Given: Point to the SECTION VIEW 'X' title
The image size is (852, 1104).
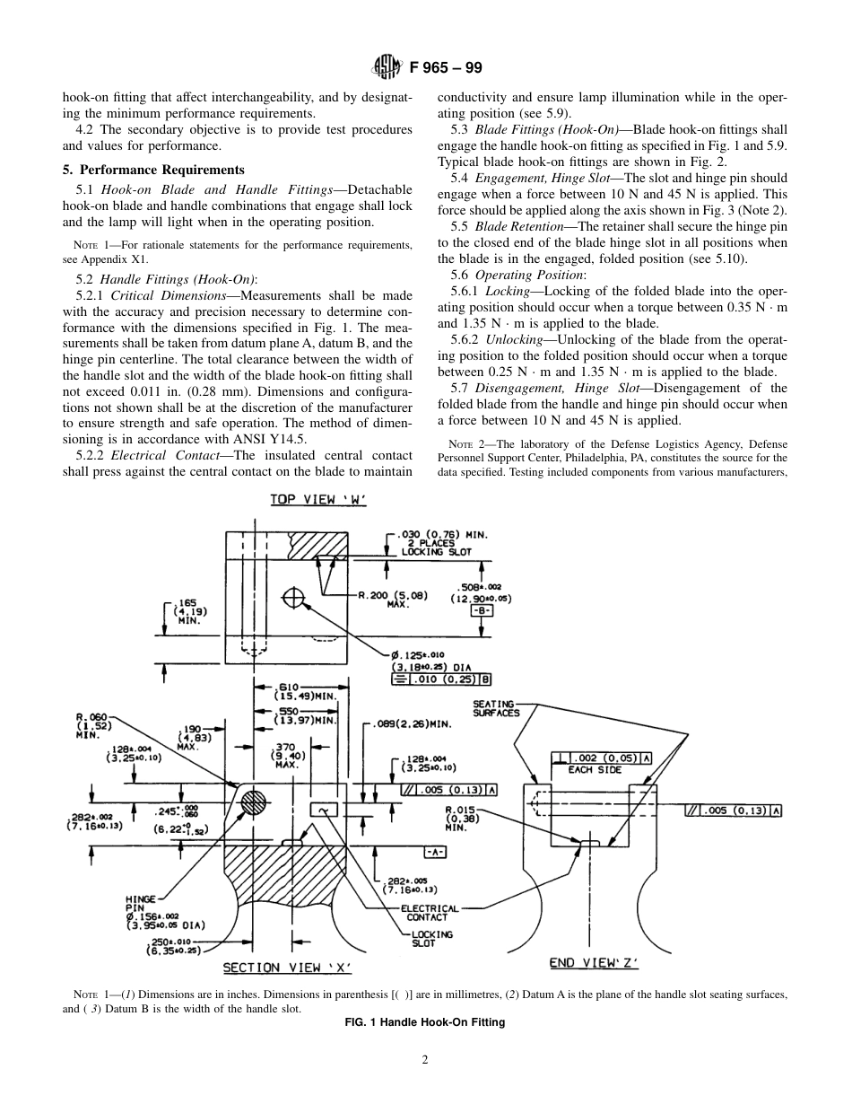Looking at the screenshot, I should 287,967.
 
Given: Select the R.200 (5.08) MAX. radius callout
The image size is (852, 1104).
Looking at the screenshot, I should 393,599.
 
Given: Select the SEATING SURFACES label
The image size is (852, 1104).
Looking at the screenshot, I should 496,708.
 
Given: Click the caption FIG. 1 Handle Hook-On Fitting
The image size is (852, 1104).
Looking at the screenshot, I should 425,1022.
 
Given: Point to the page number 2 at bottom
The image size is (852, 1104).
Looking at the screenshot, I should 425,1059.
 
